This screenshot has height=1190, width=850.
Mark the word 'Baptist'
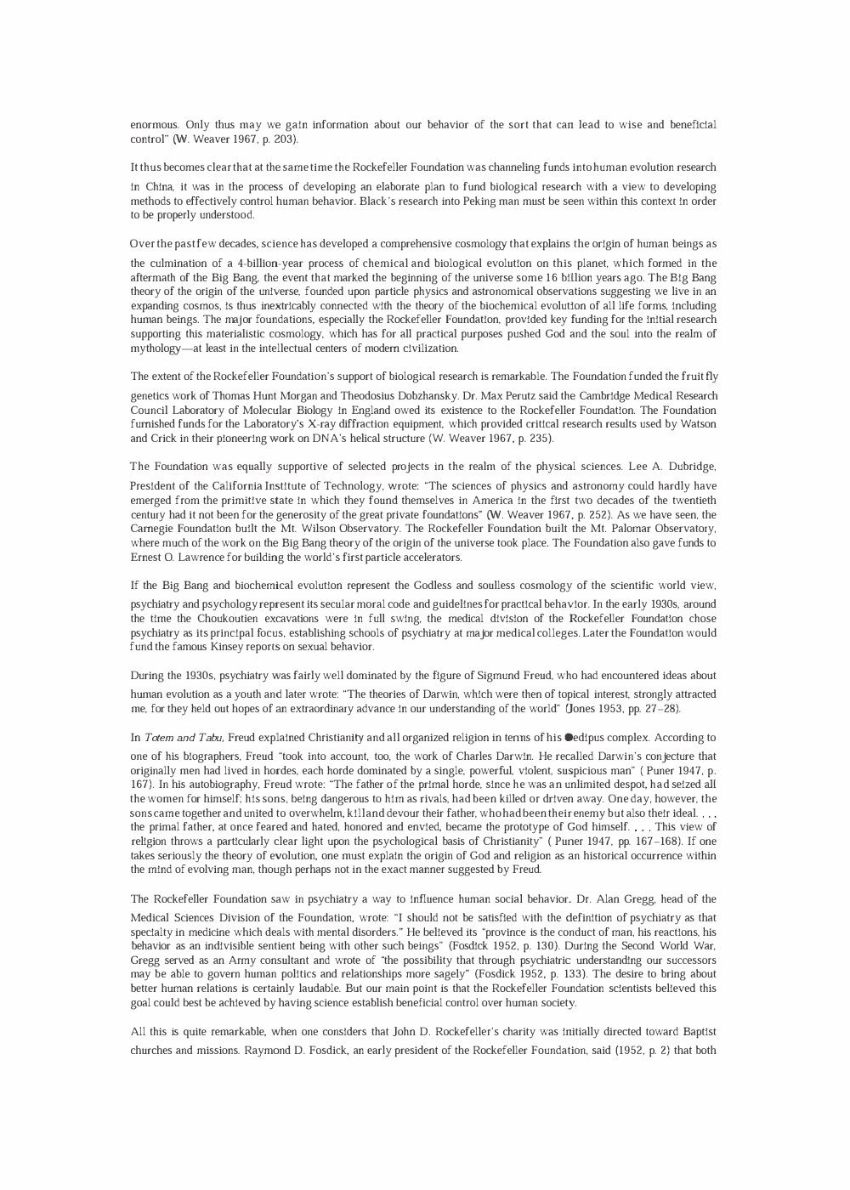point(699,1031)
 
